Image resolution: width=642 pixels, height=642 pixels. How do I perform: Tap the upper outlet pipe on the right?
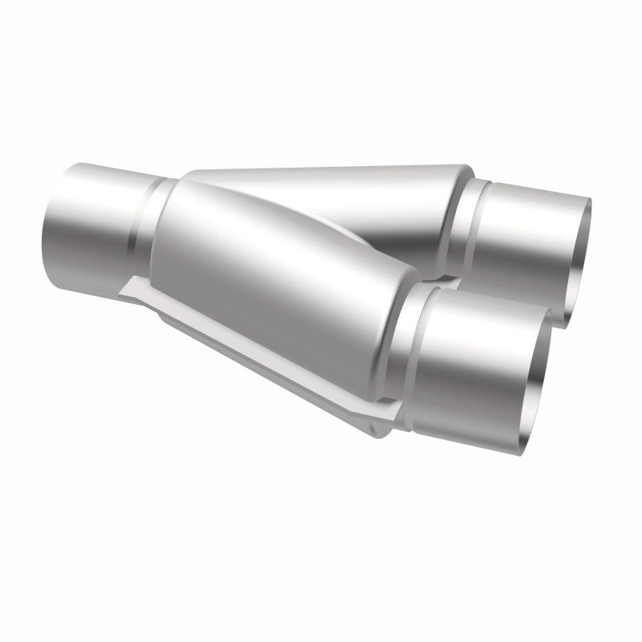pos(530,241)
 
